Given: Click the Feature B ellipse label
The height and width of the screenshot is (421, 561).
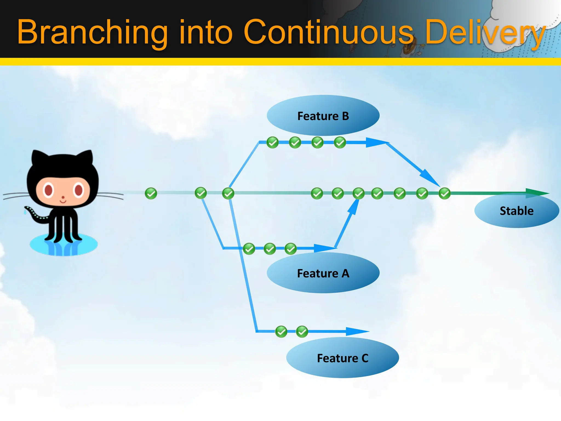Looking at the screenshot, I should tap(323, 116).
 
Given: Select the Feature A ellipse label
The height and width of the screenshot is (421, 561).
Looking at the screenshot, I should tap(323, 273).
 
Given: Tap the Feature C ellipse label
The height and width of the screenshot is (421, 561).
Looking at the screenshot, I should tap(342, 358).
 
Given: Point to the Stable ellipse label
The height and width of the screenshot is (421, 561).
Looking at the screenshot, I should tap(516, 211).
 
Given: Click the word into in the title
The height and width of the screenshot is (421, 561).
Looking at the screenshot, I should tap(205, 32).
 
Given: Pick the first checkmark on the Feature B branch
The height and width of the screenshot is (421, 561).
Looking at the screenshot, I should tap(273, 143).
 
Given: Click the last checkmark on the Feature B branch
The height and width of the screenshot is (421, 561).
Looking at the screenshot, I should tap(340, 143).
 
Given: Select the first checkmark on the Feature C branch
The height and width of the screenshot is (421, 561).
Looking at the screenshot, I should tap(281, 332).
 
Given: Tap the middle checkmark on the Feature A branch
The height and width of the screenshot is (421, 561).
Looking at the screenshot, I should tap(270, 249).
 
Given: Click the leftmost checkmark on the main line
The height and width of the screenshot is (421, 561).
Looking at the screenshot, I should tap(151, 193).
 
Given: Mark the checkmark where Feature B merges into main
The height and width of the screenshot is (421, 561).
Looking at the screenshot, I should tap(444, 193).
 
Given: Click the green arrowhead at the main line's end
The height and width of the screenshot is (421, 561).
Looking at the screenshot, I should tap(537, 193).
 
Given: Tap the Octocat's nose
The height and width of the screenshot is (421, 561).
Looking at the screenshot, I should tap(63, 197).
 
